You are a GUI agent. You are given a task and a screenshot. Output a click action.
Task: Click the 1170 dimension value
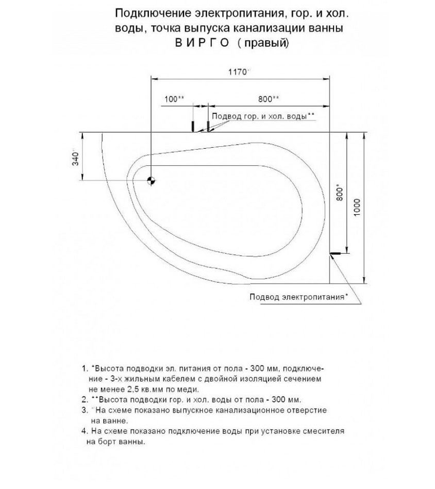238,73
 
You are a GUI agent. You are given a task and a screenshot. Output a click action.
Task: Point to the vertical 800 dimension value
338,192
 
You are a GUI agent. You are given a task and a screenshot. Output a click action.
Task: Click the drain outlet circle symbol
151,180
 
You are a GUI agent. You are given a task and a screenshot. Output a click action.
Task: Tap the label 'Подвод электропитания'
297,296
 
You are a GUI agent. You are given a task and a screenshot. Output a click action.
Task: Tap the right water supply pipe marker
208,126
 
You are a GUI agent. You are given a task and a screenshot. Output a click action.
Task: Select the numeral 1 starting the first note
83,369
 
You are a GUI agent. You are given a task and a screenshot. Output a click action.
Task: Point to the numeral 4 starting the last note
83,431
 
